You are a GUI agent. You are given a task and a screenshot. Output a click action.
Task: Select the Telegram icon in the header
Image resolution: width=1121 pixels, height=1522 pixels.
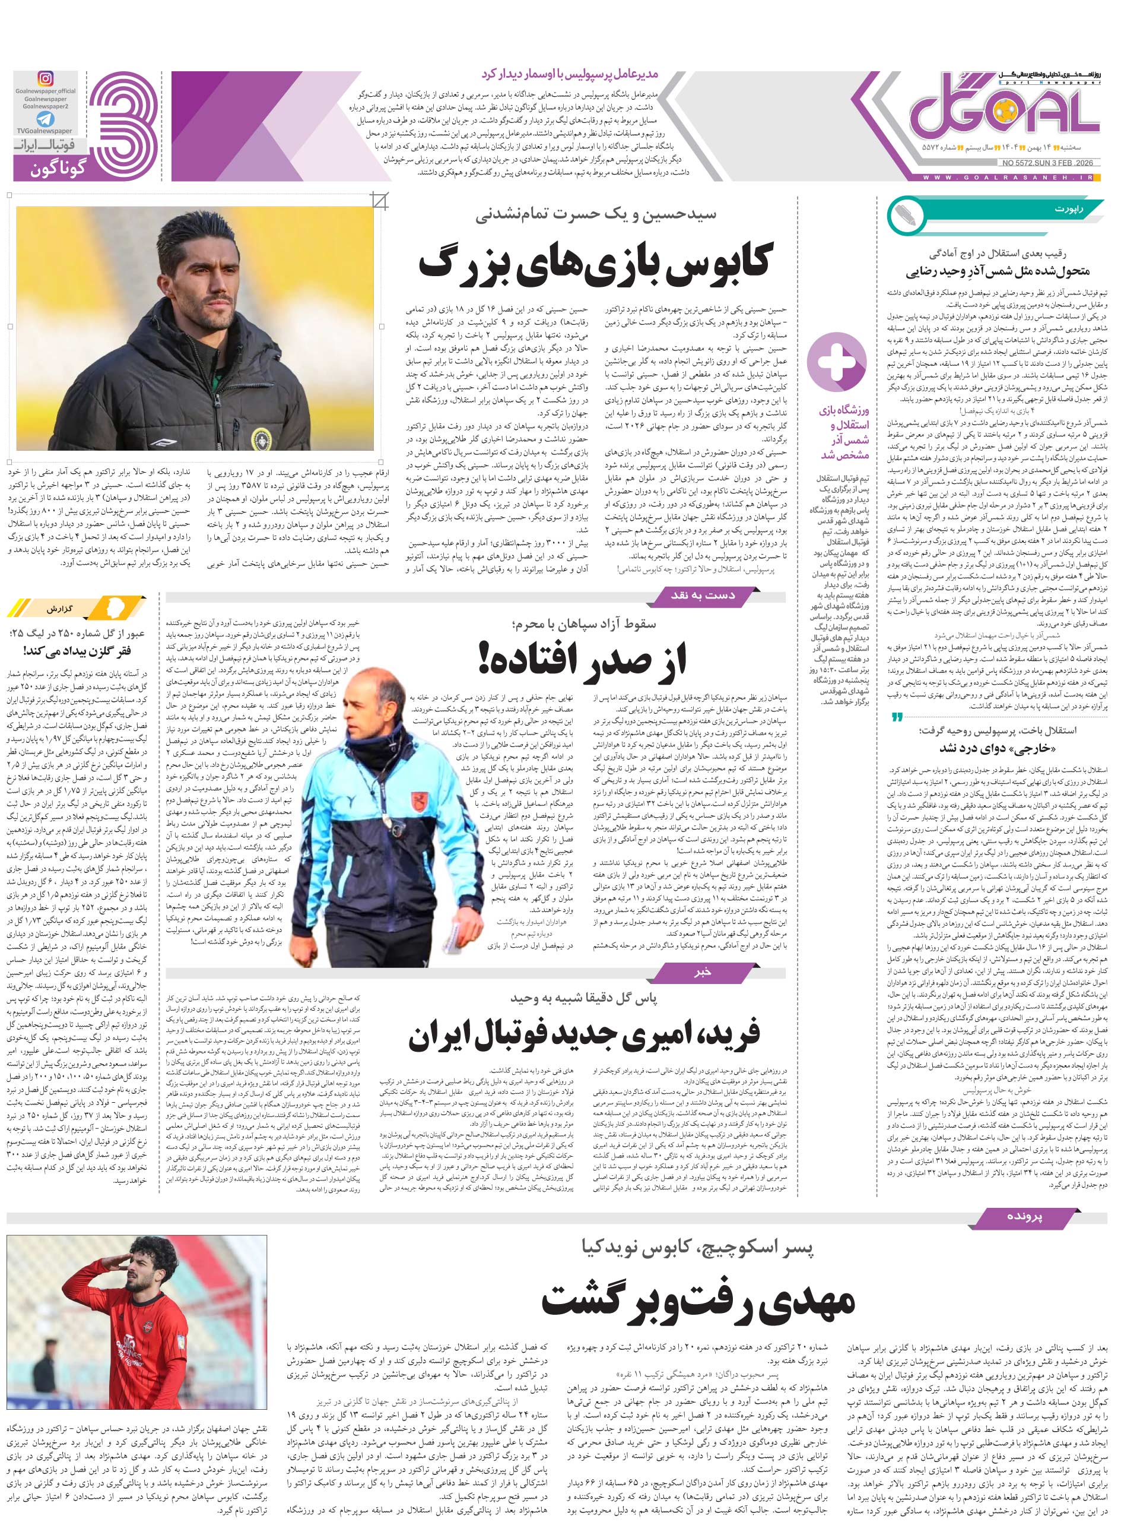pyautogui.click(x=46, y=119)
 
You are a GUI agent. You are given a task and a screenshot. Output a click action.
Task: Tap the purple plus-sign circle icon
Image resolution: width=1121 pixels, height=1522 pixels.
pyautogui.click(x=836, y=360)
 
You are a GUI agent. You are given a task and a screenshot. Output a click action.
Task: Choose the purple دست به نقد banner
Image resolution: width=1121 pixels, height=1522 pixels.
pyautogui.click(x=702, y=596)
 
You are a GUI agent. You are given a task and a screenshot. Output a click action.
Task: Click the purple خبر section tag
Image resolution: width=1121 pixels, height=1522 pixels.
pyautogui.click(x=702, y=973)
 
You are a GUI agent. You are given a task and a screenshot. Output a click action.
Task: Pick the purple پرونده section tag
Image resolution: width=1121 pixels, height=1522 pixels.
pyautogui.click(x=1025, y=1216)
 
